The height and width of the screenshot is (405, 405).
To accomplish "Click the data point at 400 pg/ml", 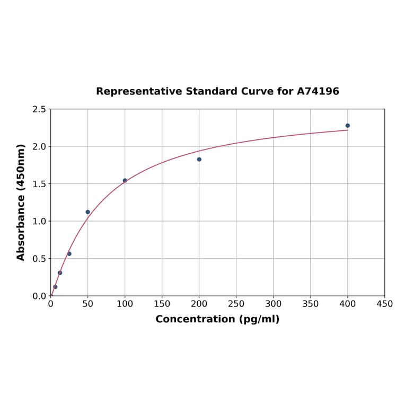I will [348, 126].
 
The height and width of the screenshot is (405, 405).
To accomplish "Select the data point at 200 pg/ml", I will [199, 159].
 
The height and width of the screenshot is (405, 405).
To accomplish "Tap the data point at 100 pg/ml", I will [125, 180].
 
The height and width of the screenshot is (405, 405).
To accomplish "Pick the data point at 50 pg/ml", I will [88, 212].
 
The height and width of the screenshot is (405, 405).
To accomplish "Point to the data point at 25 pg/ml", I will [69, 253].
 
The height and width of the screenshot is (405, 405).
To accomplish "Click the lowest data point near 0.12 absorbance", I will [55, 287].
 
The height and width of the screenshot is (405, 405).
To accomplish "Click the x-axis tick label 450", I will [384, 304].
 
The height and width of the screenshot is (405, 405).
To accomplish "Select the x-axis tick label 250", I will [236, 304].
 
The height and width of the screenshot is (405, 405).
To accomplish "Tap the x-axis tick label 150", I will [162, 304].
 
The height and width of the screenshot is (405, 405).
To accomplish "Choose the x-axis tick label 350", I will [311, 304].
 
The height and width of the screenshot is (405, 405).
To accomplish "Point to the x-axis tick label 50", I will [88, 304].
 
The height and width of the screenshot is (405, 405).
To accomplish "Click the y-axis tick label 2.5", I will [39, 109].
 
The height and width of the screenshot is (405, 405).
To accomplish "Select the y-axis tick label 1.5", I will [39, 184].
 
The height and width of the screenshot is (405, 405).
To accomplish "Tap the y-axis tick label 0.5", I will [39, 259].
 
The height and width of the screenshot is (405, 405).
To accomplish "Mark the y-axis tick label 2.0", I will [39, 146].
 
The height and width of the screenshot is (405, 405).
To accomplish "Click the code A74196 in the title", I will [318, 91].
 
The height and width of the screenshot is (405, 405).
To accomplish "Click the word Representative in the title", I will [139, 91].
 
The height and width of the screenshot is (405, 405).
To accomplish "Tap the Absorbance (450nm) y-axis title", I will [21, 202].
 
